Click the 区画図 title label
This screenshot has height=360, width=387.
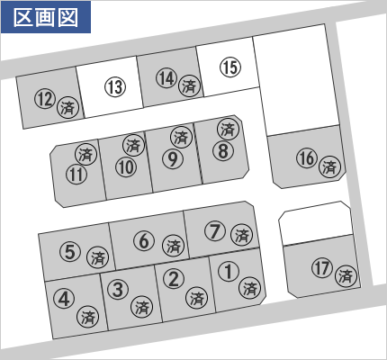click(46, 17)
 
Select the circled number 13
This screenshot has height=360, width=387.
click(115, 87)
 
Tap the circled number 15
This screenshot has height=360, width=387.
click(230, 67)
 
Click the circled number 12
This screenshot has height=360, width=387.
click(45, 99)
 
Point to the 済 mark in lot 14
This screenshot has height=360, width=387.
click(189, 85)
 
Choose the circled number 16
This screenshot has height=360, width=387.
click(307, 157)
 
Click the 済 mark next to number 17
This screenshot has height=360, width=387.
click(346, 276)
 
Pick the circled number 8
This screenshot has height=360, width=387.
click(223, 150)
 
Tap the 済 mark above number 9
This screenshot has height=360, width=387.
click(181, 137)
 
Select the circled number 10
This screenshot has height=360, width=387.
click(126, 166)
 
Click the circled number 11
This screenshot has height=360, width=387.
click(76, 174)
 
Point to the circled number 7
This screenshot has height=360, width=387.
click(215, 231)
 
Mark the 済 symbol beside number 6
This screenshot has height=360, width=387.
click(173, 246)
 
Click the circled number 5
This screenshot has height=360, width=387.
click(70, 251)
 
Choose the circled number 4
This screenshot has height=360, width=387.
click(64, 299)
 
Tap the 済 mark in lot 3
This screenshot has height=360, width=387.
click(141, 307)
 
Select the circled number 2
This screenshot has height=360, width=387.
click(174, 278)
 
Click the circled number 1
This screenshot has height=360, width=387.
click(229, 271)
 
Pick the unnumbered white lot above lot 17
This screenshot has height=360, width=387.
click(315, 223)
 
